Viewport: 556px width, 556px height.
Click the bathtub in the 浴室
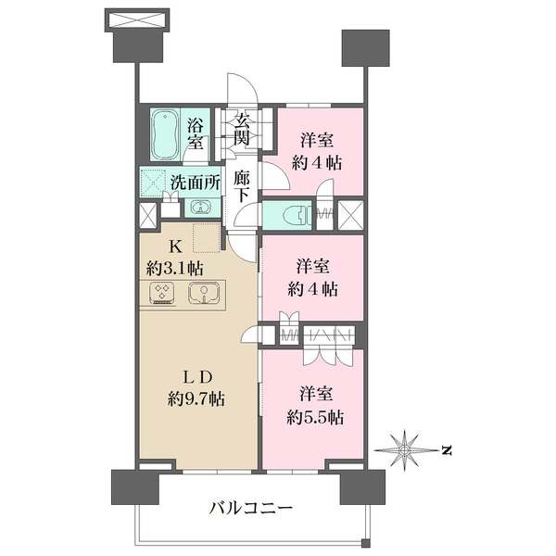tap(166, 133)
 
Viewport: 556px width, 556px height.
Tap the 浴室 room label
tap(196, 133)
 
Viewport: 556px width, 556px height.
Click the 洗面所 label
tap(195, 183)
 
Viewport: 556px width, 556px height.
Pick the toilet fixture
tap(291, 214)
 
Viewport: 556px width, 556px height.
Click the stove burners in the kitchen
tap(164, 294)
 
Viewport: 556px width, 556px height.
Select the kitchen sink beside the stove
tap(201, 294)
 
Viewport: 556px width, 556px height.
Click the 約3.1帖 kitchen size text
tap(175, 269)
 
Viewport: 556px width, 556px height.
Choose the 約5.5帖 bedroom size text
tap(315, 418)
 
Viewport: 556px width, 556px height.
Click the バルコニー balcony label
tap(250, 508)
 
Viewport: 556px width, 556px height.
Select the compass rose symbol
tap(409, 450)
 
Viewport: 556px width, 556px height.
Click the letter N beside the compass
tap(446, 451)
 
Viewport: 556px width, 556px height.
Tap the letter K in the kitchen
tap(174, 246)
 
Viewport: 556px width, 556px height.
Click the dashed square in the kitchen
tap(206, 237)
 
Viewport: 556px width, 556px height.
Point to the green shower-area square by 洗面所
tap(152, 181)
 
